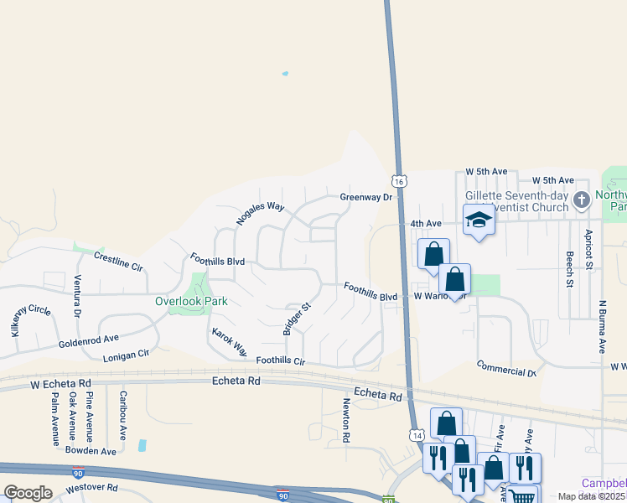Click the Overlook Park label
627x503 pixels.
(192, 301)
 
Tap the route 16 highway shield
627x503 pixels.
(399, 181)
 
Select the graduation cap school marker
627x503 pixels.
(479, 220)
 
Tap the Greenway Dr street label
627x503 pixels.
(366, 197)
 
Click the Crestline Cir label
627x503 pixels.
(118, 261)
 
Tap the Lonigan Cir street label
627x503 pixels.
(125, 355)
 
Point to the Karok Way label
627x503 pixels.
(229, 341)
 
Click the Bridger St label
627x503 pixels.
(297, 319)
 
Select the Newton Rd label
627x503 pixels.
(345, 419)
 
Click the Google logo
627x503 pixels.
(28, 493)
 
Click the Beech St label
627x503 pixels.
(569, 270)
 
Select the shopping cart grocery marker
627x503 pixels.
(522, 496)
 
